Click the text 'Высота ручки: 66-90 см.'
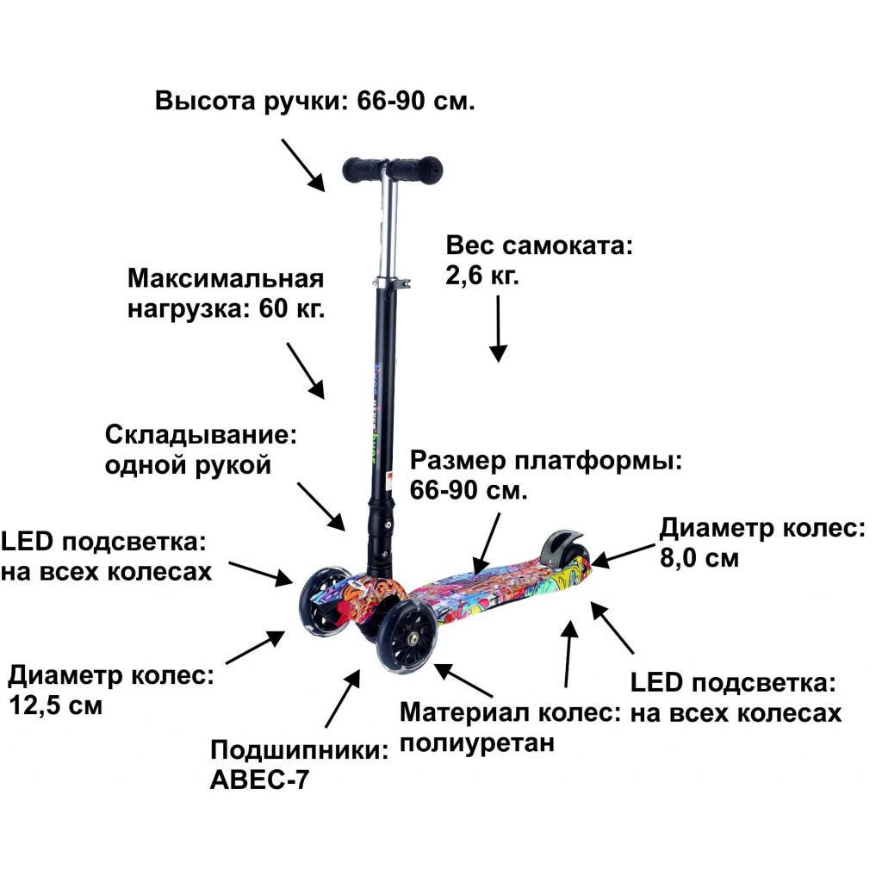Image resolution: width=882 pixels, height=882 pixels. pyautogui.click(x=315, y=101)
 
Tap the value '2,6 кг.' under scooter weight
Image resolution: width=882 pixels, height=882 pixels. pyautogui.click(x=482, y=276)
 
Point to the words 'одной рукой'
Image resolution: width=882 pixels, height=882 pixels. pyautogui.click(x=188, y=466)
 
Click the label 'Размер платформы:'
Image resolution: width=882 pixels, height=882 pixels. pyautogui.click(x=546, y=460)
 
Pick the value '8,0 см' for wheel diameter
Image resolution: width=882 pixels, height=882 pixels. pyautogui.click(x=699, y=557)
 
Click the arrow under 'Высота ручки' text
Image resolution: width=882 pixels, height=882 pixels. pyautogui.click(x=303, y=165)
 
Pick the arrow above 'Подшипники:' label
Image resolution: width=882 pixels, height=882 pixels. pyautogui.click(x=341, y=699)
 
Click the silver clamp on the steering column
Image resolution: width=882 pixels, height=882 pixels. pyautogui.click(x=390, y=283)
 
